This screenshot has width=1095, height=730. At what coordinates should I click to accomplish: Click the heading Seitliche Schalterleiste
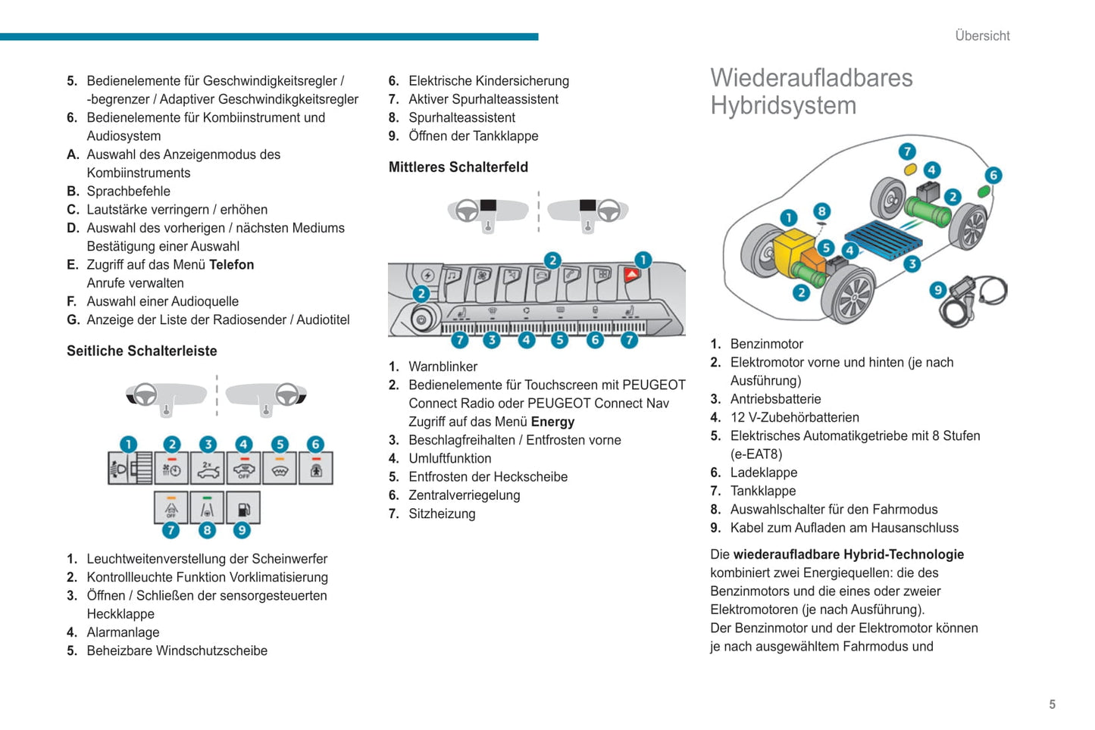pos(142,351)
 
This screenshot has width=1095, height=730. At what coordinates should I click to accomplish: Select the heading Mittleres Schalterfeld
pos(458,167)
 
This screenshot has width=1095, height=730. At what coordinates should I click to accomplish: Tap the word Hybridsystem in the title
pos(783,106)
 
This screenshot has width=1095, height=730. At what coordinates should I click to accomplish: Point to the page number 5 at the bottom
pos(1052,704)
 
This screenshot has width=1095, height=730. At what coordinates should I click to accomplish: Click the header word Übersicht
pos(982,36)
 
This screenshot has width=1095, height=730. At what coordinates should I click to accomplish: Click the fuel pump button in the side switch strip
pos(243,508)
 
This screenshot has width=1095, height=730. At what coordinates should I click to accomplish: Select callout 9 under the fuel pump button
pos(242,530)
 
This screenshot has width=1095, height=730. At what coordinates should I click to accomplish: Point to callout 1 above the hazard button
pos(643,260)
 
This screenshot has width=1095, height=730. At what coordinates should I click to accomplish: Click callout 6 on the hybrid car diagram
pos(993,175)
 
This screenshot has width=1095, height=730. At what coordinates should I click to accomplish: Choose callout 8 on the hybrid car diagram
pos(821,211)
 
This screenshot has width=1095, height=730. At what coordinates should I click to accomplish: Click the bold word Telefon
pos(231,265)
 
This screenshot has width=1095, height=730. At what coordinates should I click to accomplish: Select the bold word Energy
pos(552,422)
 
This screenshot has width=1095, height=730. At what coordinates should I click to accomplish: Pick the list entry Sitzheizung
pos(442,514)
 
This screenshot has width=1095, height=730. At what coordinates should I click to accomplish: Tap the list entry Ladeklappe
pos(763,473)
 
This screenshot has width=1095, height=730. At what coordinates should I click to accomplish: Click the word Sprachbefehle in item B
pos(128,192)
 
